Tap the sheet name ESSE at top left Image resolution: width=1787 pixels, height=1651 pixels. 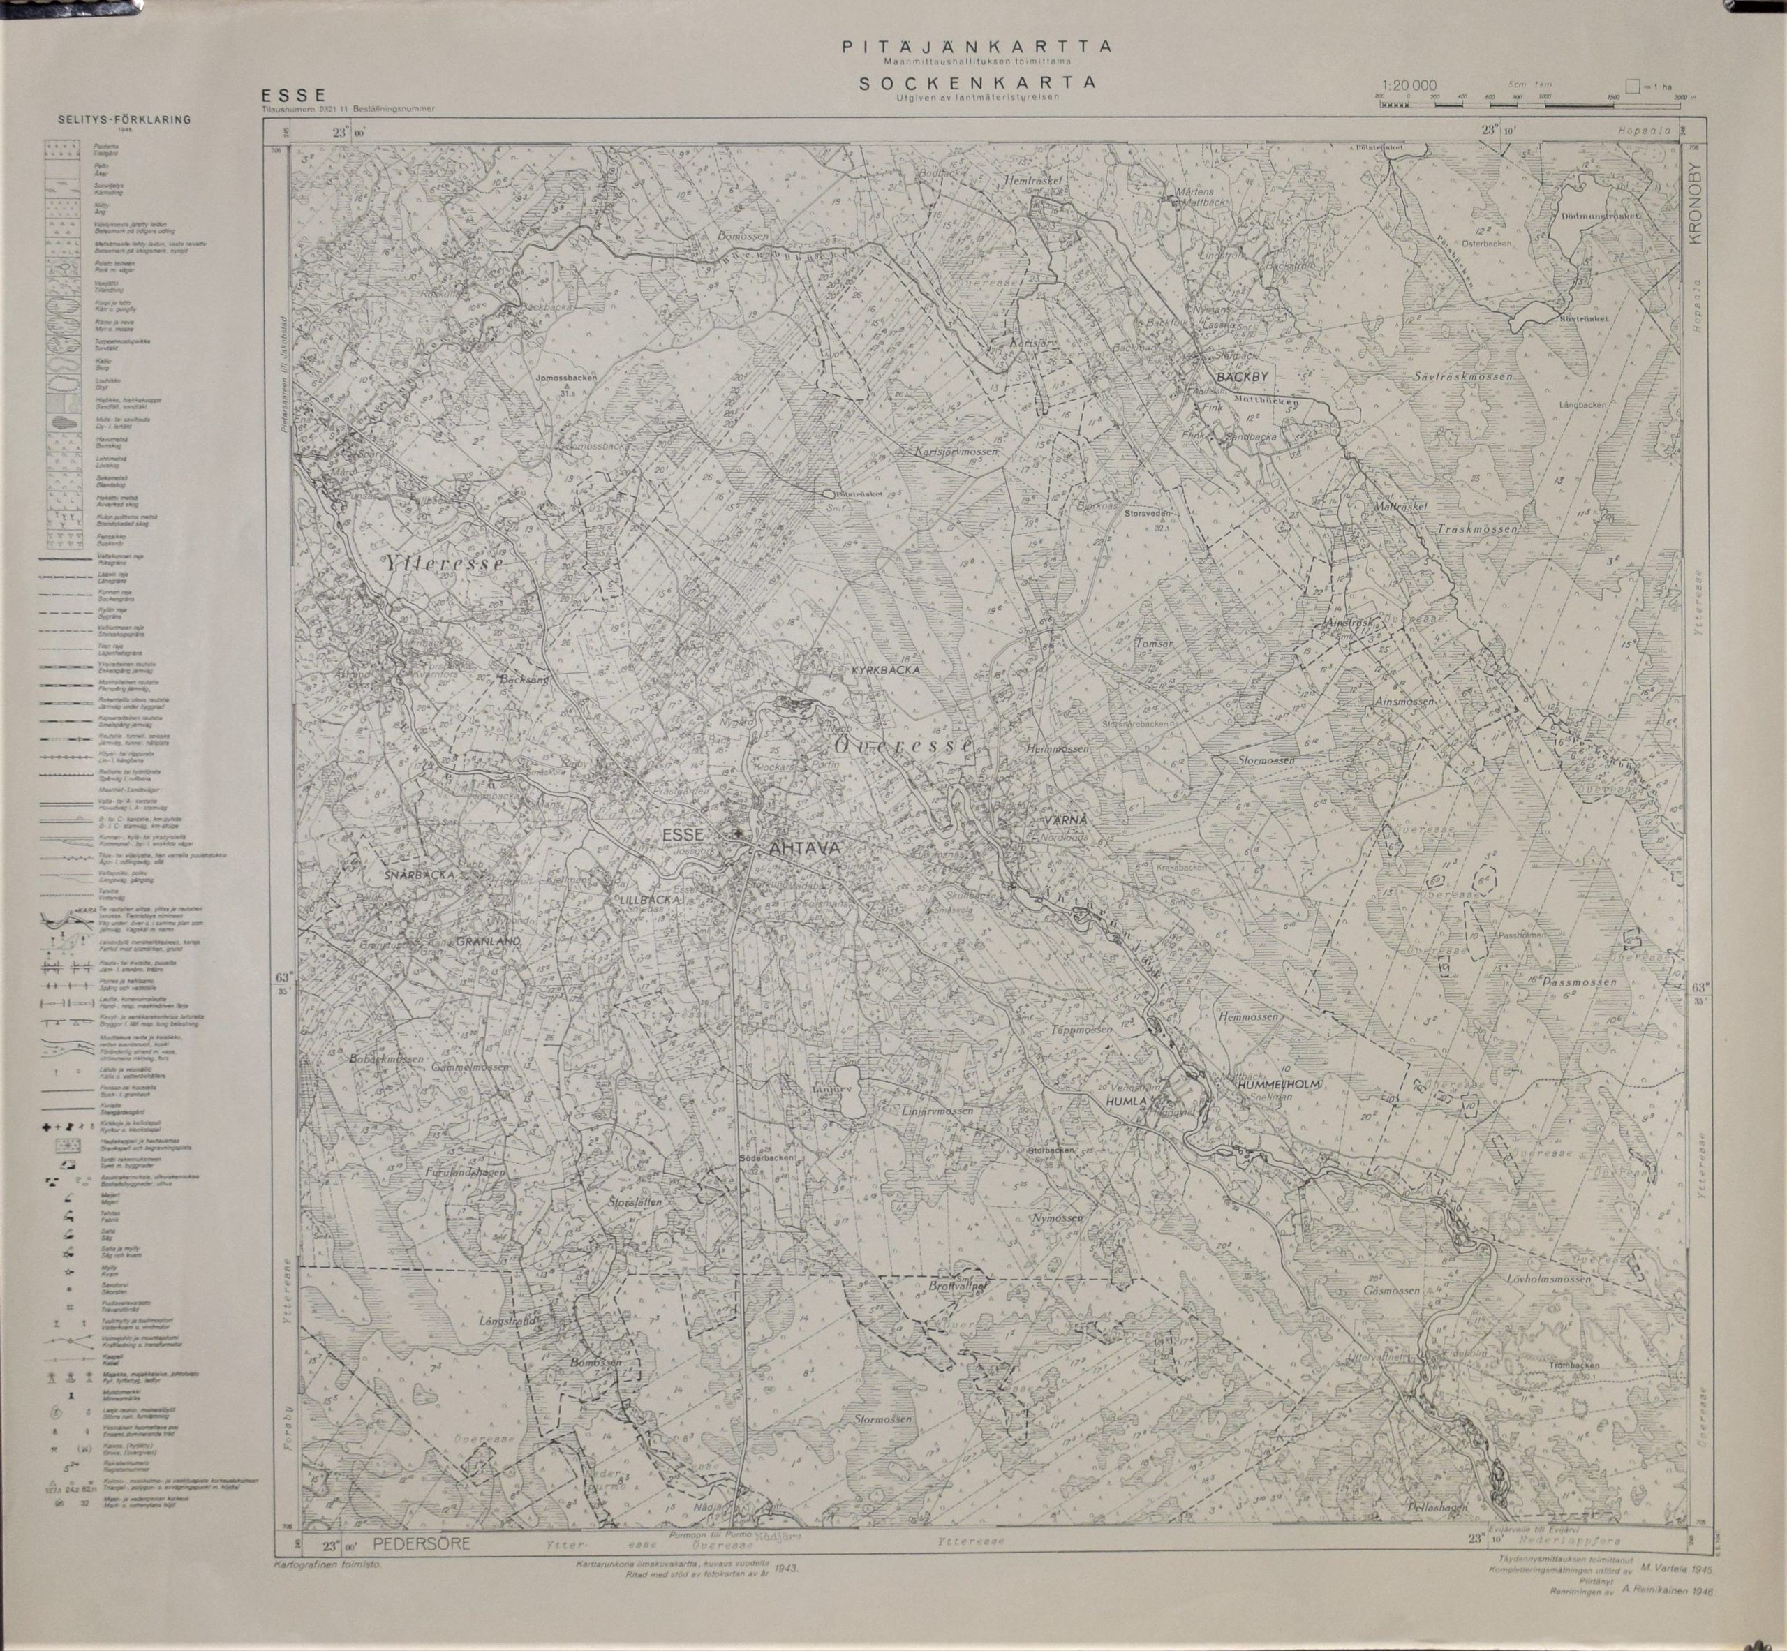[290, 96]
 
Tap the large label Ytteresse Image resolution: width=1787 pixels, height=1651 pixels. [444, 565]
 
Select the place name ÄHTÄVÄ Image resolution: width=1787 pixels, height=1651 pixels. [799, 849]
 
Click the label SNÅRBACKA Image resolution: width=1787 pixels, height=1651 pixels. [422, 875]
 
